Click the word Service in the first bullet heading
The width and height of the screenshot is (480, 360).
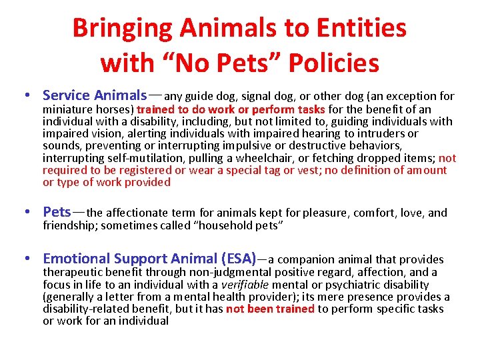[x=67, y=95]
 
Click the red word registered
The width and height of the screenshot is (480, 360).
[x=123, y=170]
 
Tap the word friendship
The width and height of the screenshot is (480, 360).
[x=69, y=225]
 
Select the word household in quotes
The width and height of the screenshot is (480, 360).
[x=225, y=225]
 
